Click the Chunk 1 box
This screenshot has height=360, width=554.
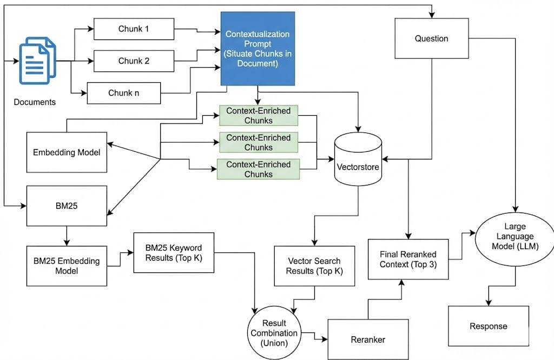(134, 29)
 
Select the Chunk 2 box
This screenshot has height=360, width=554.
(134, 61)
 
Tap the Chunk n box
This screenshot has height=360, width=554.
(124, 92)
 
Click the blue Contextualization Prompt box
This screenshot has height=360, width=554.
(258, 49)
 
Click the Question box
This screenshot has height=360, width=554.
(431, 38)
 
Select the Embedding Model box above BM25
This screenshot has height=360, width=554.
(67, 152)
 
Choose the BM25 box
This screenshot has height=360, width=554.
(67, 206)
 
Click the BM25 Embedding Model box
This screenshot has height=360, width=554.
(67, 265)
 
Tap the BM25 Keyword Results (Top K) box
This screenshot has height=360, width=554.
(174, 252)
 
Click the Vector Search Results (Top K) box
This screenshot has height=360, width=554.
(315, 265)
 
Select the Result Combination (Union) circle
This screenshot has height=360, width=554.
(274, 328)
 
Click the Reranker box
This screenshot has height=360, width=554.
(368, 339)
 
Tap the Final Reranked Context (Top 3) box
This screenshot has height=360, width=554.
(408, 259)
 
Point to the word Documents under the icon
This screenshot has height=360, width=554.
(35, 102)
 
